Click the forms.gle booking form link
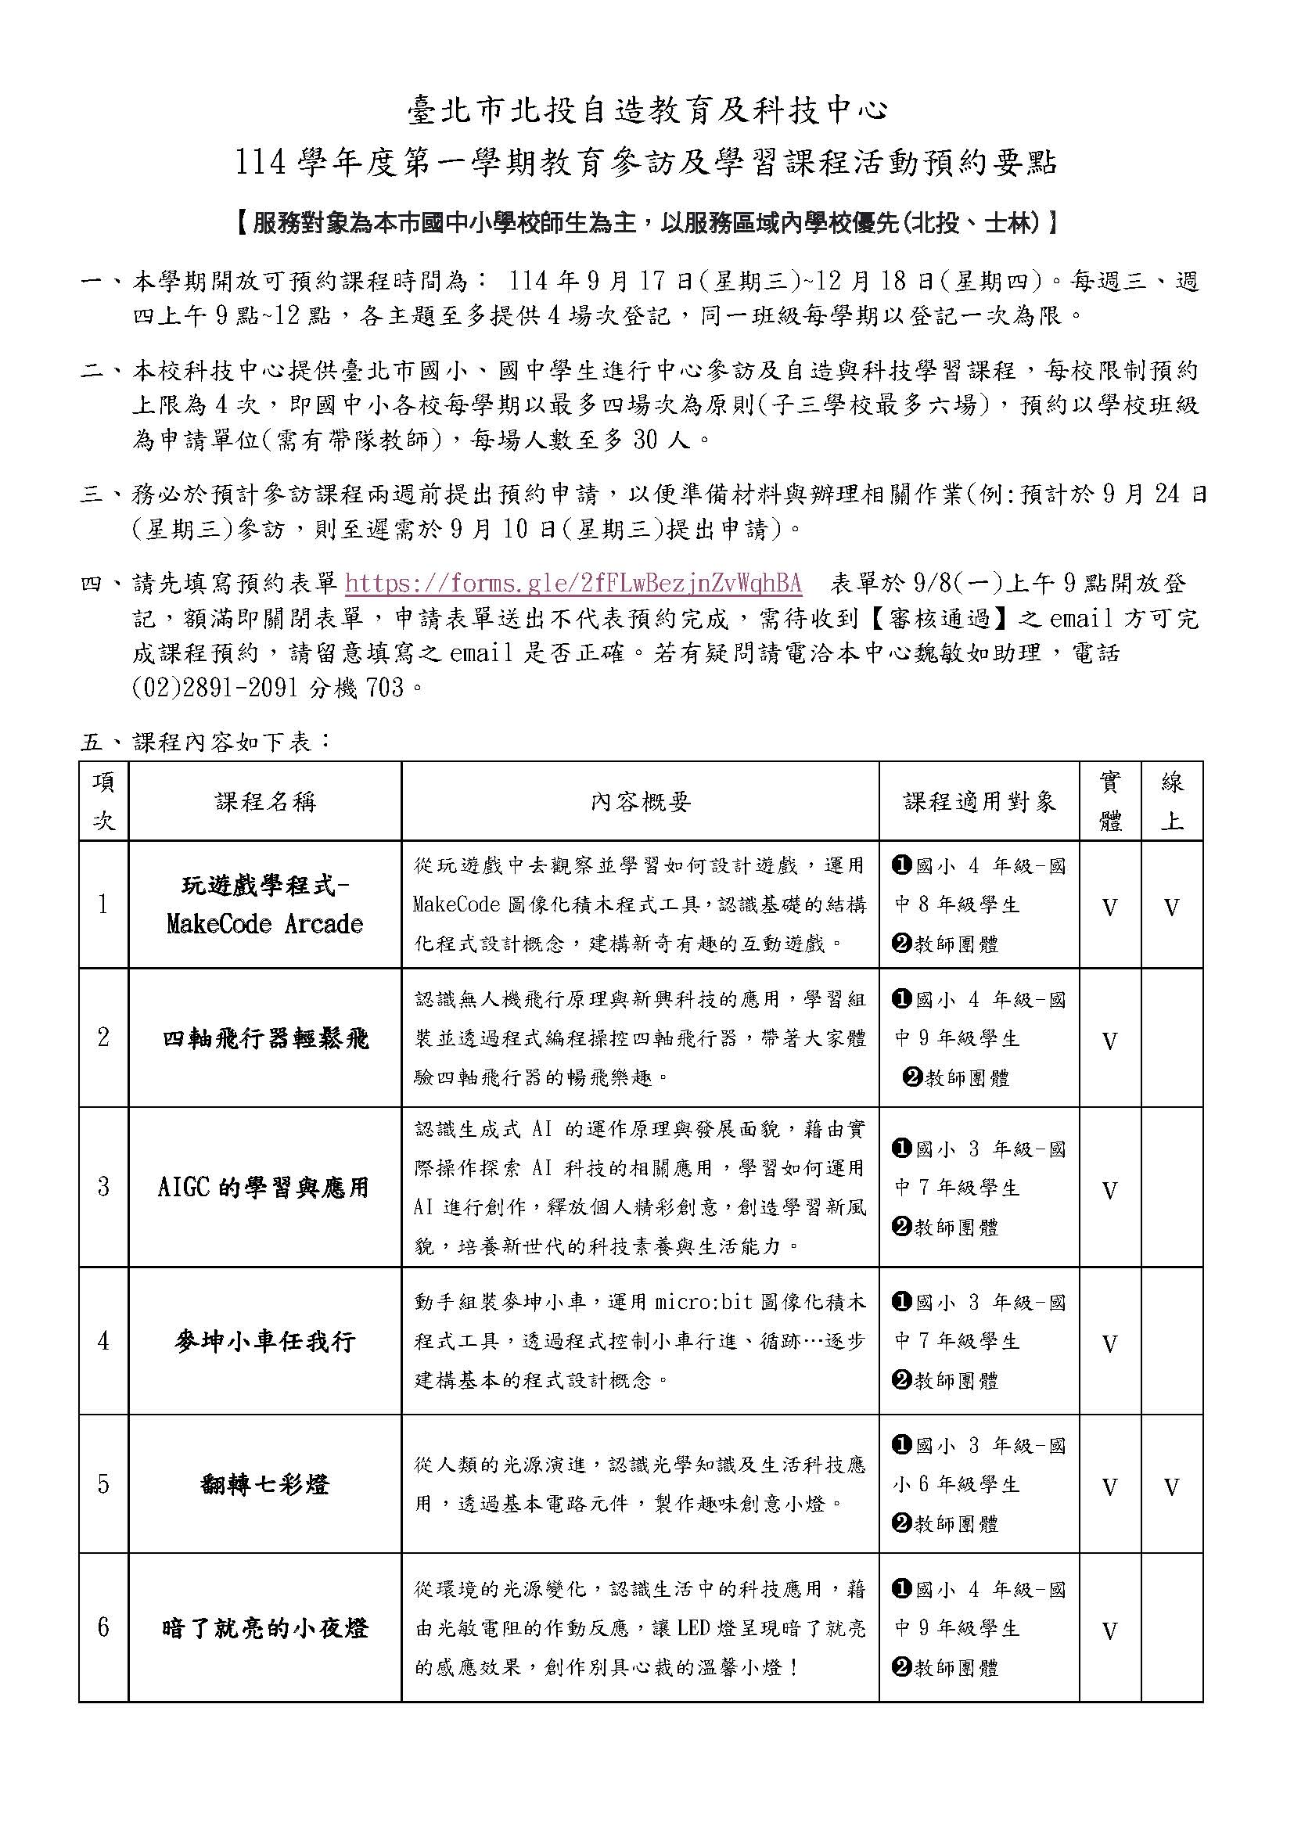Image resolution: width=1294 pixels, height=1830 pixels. coord(573,584)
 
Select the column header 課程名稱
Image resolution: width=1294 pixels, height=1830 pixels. coord(264,802)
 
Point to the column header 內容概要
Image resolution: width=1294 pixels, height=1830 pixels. coord(640,802)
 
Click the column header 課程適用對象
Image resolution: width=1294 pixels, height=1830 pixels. coord(979,802)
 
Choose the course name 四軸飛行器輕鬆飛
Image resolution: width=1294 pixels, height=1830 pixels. coord(264,1038)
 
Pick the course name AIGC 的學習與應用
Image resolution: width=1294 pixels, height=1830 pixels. coord(264,1188)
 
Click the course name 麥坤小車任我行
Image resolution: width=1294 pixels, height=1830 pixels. coord(264,1342)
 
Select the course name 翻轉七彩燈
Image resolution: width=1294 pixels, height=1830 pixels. coord(264,1484)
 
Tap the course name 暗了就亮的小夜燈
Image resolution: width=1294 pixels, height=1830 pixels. coord(264,1627)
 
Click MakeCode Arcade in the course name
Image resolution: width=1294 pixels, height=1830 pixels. coord(264,925)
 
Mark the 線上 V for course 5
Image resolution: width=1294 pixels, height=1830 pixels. coord(1171,1487)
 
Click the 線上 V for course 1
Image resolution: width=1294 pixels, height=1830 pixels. coord(1171,907)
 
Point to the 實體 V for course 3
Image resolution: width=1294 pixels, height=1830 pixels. coord(1109,1191)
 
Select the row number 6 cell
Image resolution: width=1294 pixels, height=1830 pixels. coord(103,1627)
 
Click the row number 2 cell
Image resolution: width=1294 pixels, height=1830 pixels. coord(103,1038)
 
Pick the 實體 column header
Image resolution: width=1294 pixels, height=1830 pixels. coord(1109,802)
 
